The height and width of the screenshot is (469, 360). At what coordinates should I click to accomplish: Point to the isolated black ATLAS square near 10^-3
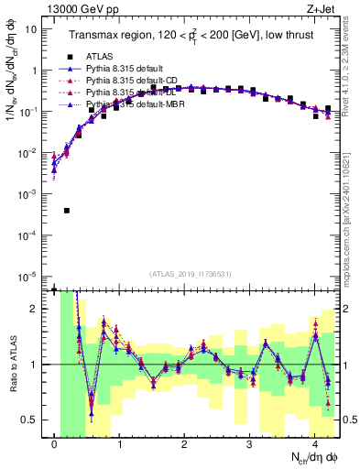[67, 210]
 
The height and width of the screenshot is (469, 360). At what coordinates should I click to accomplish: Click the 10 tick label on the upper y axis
[31, 28]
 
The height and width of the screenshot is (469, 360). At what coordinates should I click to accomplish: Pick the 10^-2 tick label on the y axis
[28, 153]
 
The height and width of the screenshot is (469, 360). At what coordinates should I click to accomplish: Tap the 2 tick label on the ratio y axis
[35, 309]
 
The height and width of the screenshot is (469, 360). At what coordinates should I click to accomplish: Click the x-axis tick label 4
[314, 444]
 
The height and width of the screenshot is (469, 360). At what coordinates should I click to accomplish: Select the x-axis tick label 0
[55, 444]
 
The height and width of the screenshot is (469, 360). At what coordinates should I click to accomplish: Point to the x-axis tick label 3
[249, 444]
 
